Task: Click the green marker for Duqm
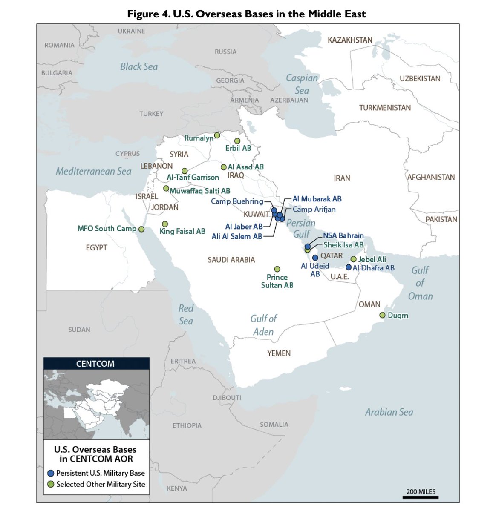tap(382, 315)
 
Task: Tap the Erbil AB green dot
tap(237, 141)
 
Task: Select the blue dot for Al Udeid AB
tap(315, 258)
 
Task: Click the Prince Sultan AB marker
tap(277, 269)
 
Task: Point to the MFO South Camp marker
tap(141, 229)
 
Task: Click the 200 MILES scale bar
tap(421, 497)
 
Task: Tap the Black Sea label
tap(139, 67)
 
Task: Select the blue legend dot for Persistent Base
tap(51, 473)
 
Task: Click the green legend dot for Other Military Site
tap(51, 484)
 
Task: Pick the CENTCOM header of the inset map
tap(95, 364)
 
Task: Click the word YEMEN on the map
tap(279, 353)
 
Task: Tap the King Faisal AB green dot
tap(165, 224)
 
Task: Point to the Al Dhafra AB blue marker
tap(349, 267)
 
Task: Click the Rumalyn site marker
tap(217, 135)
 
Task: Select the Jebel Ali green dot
tap(353, 259)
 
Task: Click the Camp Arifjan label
tap(314, 209)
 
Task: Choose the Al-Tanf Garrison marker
tap(185, 171)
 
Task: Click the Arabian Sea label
tap(389, 412)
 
